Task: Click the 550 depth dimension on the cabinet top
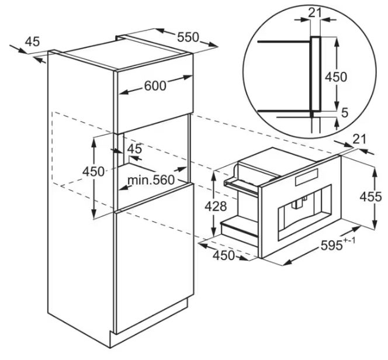tap(188, 37)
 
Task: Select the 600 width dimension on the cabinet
tap(155, 86)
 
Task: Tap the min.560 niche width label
tap(151, 180)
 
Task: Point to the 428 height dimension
tap(216, 206)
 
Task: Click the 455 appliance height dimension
tap(370, 197)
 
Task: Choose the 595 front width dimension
tap(331, 245)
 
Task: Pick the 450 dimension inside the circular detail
tap(336, 77)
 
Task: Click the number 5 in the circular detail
tap(344, 113)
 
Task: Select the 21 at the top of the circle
tap(315, 13)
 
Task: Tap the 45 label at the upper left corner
tap(32, 41)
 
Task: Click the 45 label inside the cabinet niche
tap(134, 148)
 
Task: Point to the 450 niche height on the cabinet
tap(93, 171)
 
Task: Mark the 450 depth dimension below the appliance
tap(223, 255)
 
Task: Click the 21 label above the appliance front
tap(359, 140)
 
